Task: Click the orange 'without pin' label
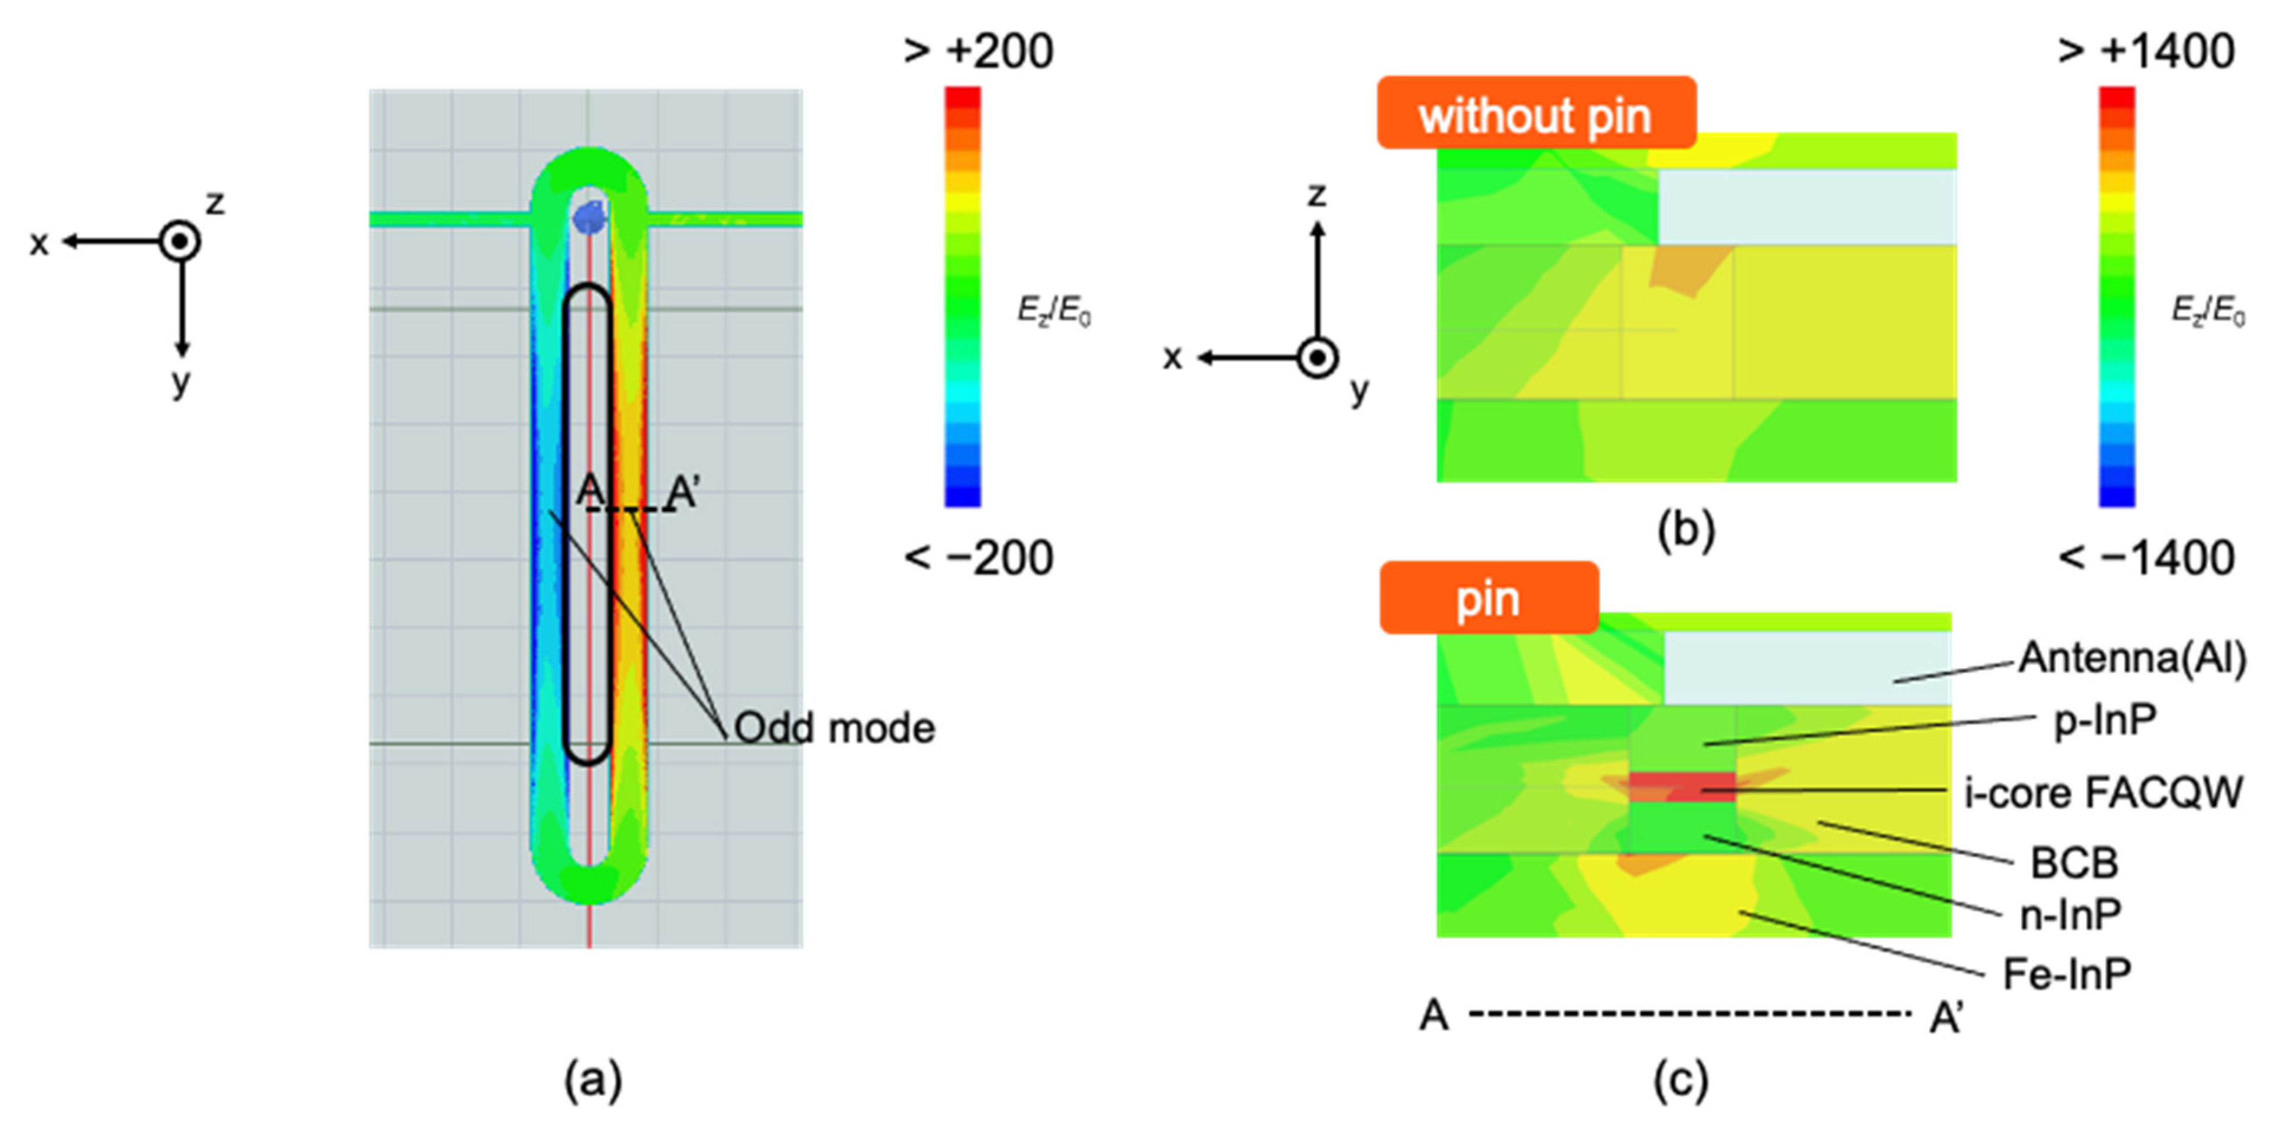pyautogui.click(x=1536, y=114)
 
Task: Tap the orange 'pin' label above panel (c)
pyautogui.click(x=1488, y=598)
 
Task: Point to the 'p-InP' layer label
pyautogui.click(x=2105, y=720)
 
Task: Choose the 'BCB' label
pyautogui.click(x=2074, y=863)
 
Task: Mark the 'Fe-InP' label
pyautogui.click(x=2067, y=974)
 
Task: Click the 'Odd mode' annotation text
pyautogui.click(x=834, y=728)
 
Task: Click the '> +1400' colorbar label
pyautogui.click(x=2146, y=51)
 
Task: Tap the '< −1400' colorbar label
pyautogui.click(x=2146, y=558)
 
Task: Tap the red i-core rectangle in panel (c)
pyautogui.click(x=1681, y=787)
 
